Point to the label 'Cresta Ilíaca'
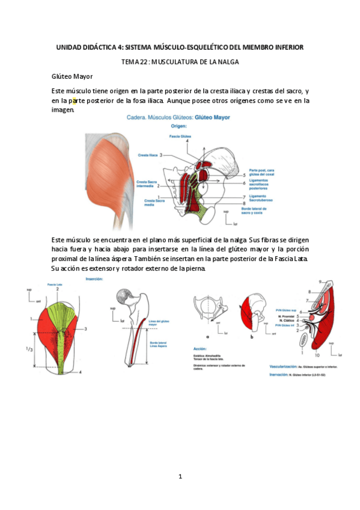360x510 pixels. [x=148, y=155]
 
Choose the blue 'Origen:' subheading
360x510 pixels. [x=179, y=127]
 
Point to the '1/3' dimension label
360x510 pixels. [x=22, y=349]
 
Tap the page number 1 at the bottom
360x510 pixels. [x=180, y=477]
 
